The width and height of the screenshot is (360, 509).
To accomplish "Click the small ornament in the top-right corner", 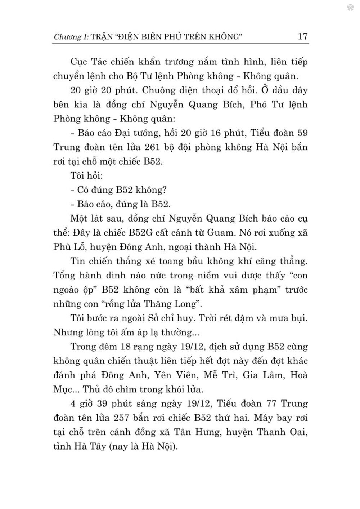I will [350, 8].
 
